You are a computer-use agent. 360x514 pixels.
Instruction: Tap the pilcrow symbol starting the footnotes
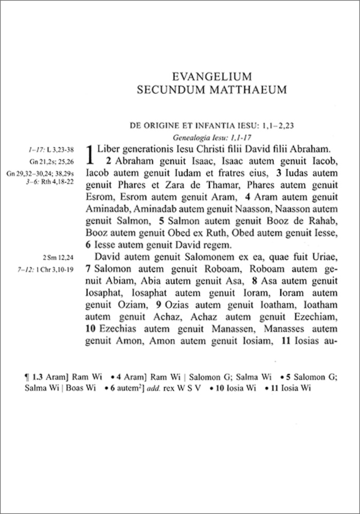[x=27, y=377]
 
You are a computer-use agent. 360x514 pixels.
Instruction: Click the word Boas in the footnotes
[x=84, y=388]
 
